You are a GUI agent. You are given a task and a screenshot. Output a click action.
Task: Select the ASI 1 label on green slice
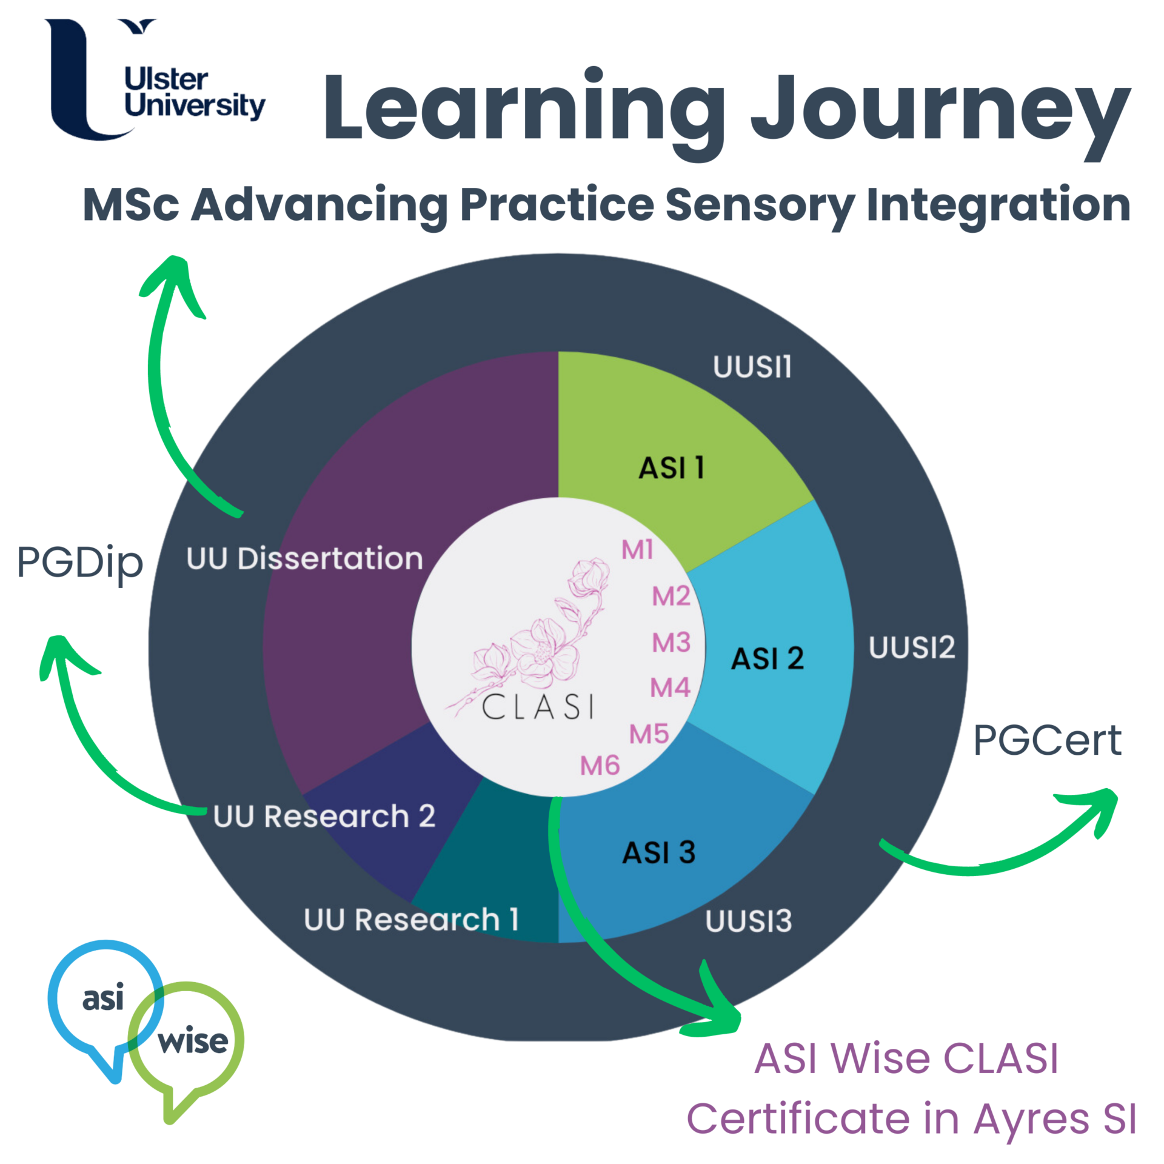click(x=672, y=468)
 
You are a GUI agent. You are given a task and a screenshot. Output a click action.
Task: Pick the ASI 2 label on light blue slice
click(x=767, y=659)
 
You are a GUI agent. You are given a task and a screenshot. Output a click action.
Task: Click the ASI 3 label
click(x=659, y=853)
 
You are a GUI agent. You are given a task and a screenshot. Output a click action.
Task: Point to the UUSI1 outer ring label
click(x=752, y=367)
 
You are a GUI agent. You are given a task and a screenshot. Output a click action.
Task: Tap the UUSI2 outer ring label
click(x=911, y=648)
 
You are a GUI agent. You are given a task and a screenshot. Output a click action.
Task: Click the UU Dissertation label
click(x=304, y=558)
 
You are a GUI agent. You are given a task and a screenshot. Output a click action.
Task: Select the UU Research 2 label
click(x=324, y=817)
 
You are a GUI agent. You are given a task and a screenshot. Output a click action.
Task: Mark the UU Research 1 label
click(x=411, y=920)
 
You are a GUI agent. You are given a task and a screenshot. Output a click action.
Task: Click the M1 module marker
click(x=637, y=550)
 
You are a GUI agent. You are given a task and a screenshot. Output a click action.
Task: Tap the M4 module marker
click(x=670, y=687)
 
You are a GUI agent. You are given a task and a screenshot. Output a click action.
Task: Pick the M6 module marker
click(x=600, y=766)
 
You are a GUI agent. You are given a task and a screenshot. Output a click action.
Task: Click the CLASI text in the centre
click(x=538, y=707)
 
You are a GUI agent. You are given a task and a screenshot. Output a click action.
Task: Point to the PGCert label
click(x=1047, y=740)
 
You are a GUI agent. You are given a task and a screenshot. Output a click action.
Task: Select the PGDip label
click(x=80, y=563)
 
